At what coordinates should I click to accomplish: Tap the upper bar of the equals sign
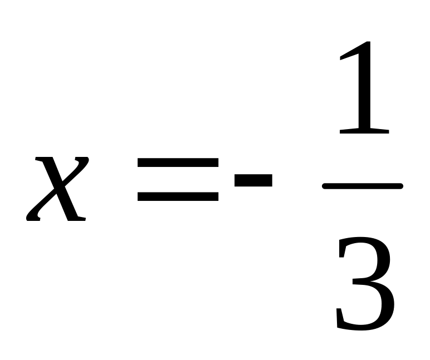pos(178,163)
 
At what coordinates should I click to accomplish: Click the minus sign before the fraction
pos(253,179)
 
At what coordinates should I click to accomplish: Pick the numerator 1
pos(363,89)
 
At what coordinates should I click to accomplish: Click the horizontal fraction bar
pos(363,186)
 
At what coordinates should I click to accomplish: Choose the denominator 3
pos(365,284)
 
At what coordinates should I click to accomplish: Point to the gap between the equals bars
pos(178,179)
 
